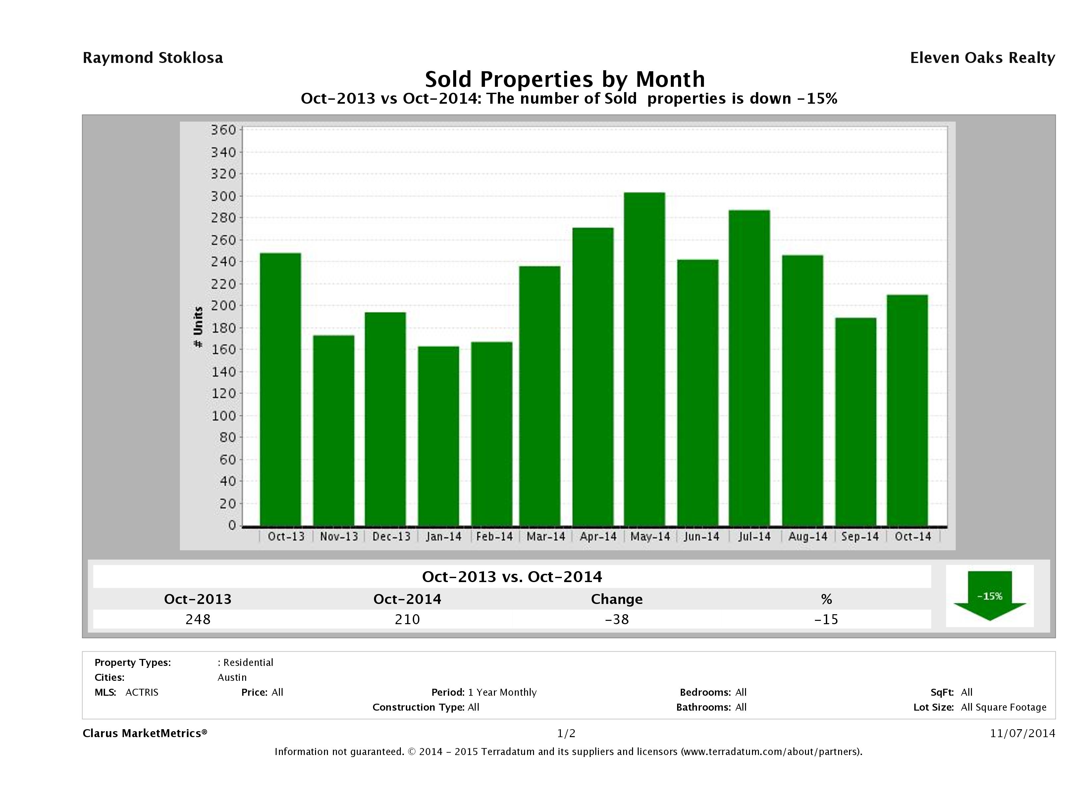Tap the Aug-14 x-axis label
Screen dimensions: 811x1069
(808, 536)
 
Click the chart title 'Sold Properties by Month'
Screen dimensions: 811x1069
(565, 79)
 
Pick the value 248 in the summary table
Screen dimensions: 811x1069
(198, 619)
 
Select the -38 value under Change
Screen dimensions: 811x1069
(617, 619)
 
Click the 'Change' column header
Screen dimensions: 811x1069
(617, 599)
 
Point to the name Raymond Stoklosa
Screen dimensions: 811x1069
(153, 58)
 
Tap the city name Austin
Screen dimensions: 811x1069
(232, 677)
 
